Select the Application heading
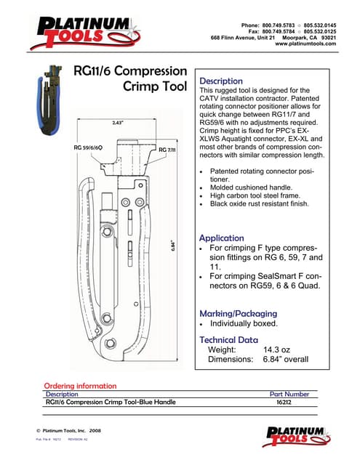tap(222, 238)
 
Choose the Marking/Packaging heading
tap(238, 312)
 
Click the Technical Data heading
tap(228, 339)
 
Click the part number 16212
tap(284, 402)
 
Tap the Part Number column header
tap(289, 394)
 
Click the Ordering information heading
tap(80, 386)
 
